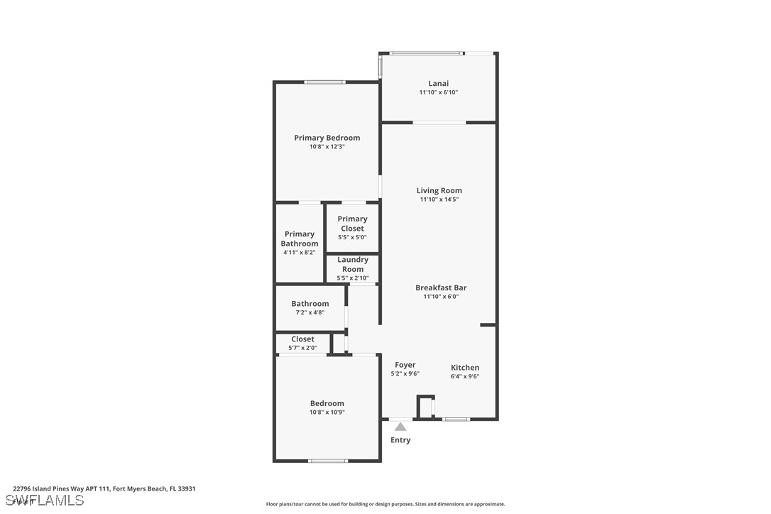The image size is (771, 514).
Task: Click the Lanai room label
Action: tap(439, 83)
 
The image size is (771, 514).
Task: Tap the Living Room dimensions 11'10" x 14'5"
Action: tap(439, 199)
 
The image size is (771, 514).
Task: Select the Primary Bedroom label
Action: tap(327, 138)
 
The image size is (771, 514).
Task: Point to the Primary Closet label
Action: tap(352, 224)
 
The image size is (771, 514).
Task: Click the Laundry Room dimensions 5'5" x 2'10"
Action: tap(352, 278)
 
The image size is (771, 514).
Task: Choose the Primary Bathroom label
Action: tap(300, 239)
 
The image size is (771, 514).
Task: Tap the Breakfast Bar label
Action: tap(441, 288)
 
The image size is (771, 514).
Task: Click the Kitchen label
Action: tap(465, 367)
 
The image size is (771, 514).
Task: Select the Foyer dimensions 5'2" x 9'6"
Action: tap(405, 374)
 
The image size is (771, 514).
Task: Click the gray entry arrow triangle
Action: tap(400, 427)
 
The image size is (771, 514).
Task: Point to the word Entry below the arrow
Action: tap(400, 440)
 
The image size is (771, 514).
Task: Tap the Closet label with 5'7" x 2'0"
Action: tap(302, 339)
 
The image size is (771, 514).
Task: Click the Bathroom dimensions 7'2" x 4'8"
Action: tap(310, 312)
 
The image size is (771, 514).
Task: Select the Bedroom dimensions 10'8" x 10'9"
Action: tap(327, 412)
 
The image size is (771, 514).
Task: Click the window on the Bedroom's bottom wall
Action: tap(328, 461)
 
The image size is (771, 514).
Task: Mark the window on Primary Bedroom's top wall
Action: tap(325, 82)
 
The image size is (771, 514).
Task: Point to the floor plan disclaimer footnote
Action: tap(385, 504)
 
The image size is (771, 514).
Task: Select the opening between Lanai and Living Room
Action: tap(439, 123)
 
